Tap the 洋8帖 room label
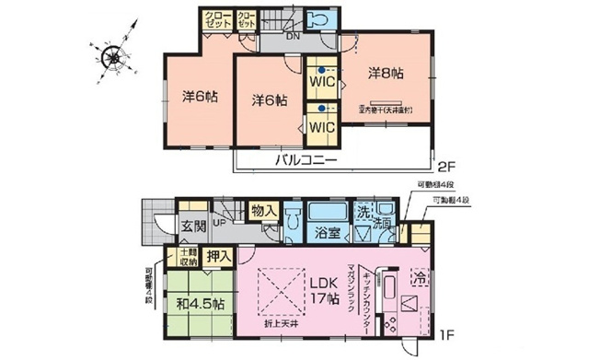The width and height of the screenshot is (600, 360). click(x=387, y=71)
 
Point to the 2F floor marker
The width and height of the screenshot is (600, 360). click(x=446, y=168)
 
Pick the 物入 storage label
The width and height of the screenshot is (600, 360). click(x=263, y=212)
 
